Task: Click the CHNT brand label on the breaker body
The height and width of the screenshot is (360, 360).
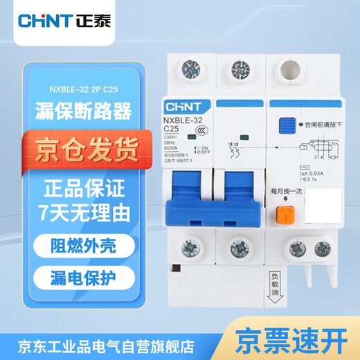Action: (181, 108)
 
